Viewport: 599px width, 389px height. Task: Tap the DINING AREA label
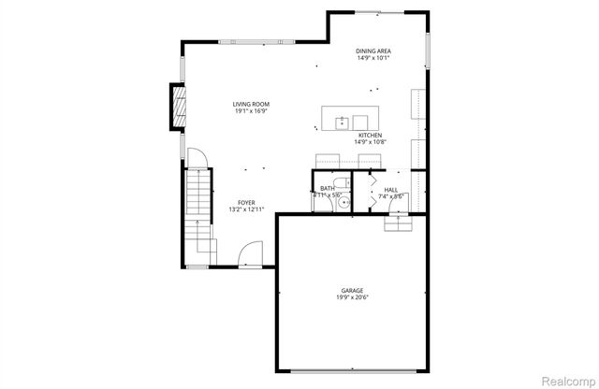[373, 50]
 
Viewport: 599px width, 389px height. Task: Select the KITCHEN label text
[370, 135]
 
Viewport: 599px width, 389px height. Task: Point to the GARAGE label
[352, 290]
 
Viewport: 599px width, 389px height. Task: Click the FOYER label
[246, 202]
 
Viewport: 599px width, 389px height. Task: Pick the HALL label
[390, 189]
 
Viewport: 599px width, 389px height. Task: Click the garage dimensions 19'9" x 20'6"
[352, 297]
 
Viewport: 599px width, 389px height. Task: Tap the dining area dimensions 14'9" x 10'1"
[373, 58]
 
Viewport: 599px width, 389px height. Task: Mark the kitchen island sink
[343, 120]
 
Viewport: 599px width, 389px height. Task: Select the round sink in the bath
[343, 200]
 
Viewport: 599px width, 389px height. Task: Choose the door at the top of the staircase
[196, 160]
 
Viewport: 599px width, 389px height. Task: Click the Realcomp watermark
[568, 380]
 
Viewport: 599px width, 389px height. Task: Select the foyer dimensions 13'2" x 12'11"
[246, 209]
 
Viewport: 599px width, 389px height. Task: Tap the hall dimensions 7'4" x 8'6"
[390, 196]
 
